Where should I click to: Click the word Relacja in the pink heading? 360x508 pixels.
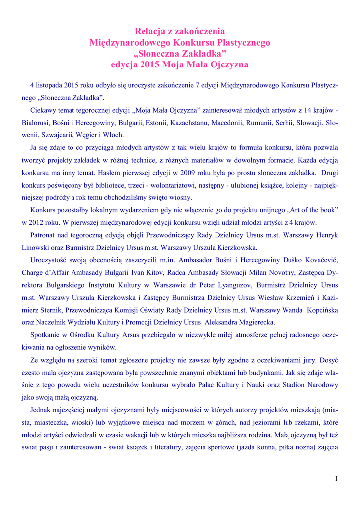[149, 31]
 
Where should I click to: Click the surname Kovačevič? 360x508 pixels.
[317, 259]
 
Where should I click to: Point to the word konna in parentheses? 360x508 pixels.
[273, 447]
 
